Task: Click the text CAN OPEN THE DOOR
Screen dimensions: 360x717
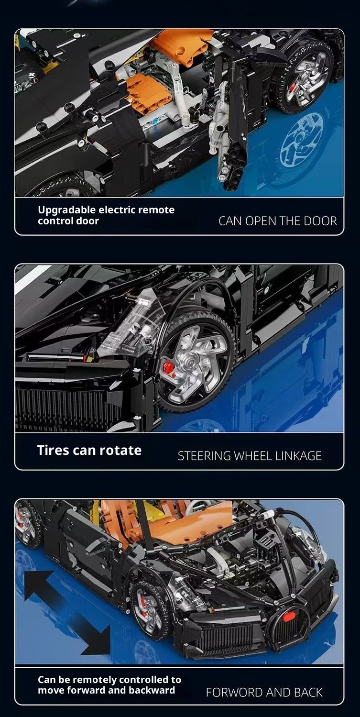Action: [277, 221]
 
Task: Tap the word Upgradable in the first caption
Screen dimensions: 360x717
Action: [67, 210]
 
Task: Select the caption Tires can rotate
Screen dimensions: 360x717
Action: [89, 450]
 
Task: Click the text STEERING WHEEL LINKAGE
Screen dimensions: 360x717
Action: [250, 456]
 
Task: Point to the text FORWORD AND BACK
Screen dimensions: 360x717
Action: [264, 693]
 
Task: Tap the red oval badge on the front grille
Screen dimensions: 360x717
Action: [289, 617]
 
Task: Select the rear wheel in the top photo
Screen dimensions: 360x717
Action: [304, 77]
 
